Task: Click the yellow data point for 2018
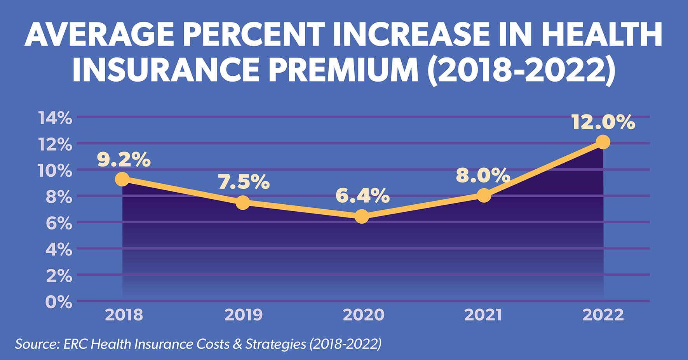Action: pyautogui.click(x=122, y=179)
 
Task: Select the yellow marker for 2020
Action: pyautogui.click(x=362, y=216)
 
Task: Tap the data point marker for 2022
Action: pyautogui.click(x=603, y=142)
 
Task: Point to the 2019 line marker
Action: pyautogui.click(x=243, y=202)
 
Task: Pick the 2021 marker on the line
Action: pyautogui.click(x=484, y=195)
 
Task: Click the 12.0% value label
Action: pyautogui.click(x=603, y=123)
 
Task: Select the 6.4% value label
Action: pyautogui.click(x=362, y=196)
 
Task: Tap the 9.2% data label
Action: pyautogui.click(x=124, y=160)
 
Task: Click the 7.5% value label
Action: pyautogui.click(x=244, y=182)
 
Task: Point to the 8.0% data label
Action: pyautogui.click(x=483, y=176)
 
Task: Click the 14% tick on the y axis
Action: pyautogui.click(x=55, y=118)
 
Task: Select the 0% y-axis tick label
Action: pyautogui.click(x=59, y=302)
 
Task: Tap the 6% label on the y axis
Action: pyautogui.click(x=59, y=223)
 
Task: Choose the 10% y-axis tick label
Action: pyautogui.click(x=55, y=171)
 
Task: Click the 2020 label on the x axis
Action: pyautogui.click(x=364, y=315)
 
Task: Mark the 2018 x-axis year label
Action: pyautogui.click(x=124, y=315)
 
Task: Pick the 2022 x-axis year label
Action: pyautogui.click(x=603, y=315)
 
